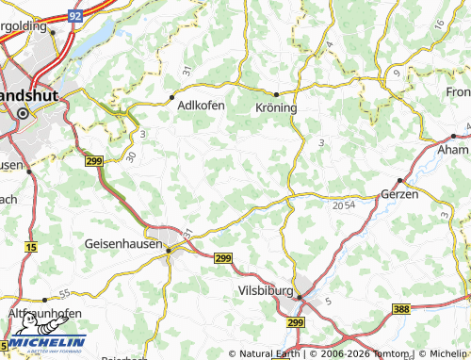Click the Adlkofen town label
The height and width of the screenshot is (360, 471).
pos(201,106)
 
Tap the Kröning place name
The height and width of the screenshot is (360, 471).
pos(276,107)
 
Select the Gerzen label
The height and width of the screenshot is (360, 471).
pos(398,193)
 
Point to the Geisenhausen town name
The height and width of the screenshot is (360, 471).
pos(123,242)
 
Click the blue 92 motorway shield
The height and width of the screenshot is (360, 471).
pos(75,16)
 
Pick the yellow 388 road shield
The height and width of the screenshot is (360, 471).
pos(400,310)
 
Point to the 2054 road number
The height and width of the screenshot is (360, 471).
pos(344,204)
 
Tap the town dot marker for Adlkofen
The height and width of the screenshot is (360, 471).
pos(172,96)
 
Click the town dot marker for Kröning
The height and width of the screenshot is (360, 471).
pos(276,94)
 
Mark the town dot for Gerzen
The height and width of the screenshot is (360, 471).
pos(399,180)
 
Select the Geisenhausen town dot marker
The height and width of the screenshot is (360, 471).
pos(169,250)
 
